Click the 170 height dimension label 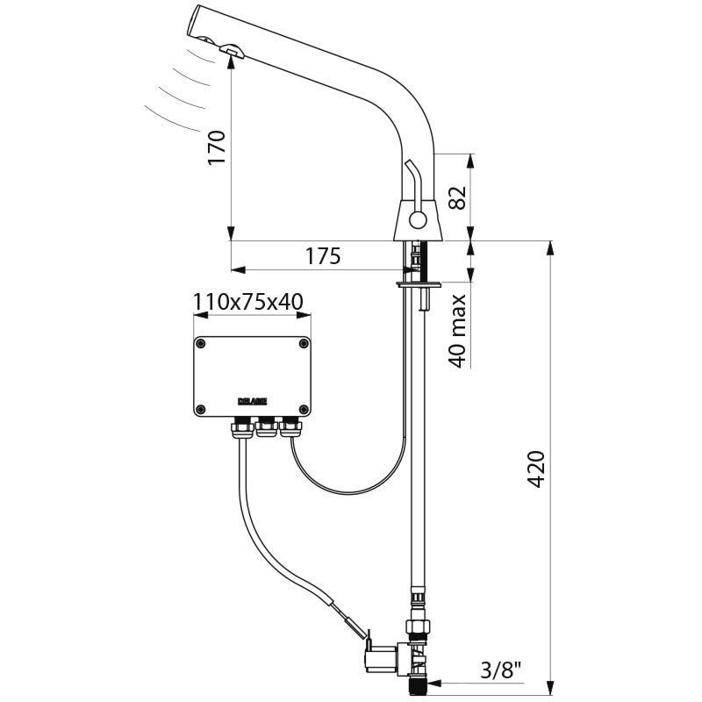tap(218, 148)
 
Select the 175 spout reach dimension tap(322, 256)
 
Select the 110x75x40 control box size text tap(248, 303)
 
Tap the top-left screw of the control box tap(201, 343)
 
